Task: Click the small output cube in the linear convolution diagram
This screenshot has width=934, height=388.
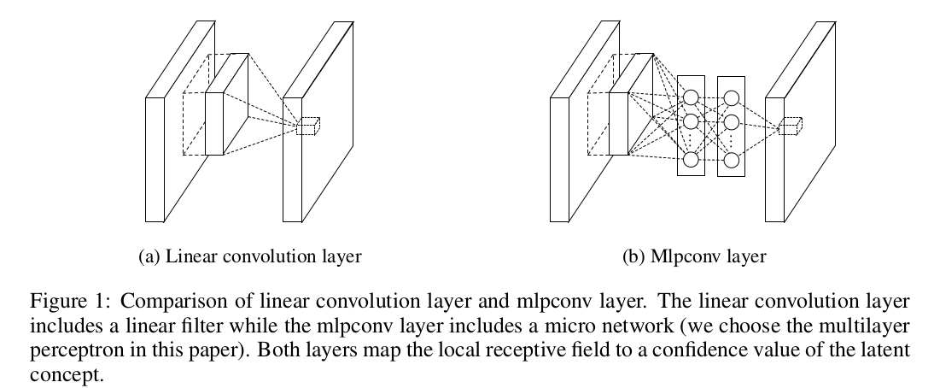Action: pos(307,126)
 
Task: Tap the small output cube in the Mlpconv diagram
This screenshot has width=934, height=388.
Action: pos(793,126)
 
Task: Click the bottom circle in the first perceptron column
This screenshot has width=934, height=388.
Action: pos(691,160)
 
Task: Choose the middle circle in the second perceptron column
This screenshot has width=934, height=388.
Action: pos(731,121)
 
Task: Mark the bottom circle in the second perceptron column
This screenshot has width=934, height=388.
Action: pos(731,160)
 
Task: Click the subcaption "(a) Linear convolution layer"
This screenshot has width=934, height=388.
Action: pos(249,256)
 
